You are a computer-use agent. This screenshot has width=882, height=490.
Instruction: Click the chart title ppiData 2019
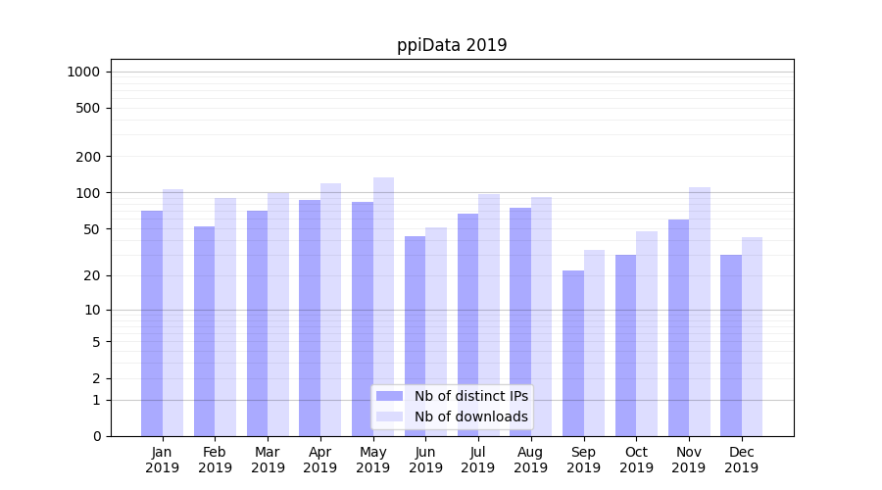coord(452,45)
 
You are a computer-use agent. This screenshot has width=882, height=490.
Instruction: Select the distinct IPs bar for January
coord(152,323)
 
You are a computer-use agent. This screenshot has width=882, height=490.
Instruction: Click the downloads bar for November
coord(700,312)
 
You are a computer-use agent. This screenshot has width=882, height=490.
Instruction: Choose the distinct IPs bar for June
coord(415,336)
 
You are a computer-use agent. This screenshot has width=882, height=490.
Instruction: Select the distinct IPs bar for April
coord(310,318)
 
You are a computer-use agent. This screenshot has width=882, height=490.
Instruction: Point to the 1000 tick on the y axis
coord(83,72)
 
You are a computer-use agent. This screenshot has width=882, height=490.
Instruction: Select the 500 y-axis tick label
coord(88,108)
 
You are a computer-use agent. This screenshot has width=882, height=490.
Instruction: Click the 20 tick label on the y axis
coord(91,275)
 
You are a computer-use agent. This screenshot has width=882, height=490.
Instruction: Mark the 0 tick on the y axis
coord(96,436)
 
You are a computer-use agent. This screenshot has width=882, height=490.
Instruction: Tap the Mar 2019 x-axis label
coord(268,460)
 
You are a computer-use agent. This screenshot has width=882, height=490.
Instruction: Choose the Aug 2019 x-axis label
coord(531,460)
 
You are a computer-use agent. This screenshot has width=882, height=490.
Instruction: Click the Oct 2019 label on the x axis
coord(636,460)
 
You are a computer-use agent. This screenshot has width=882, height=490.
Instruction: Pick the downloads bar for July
coord(489,315)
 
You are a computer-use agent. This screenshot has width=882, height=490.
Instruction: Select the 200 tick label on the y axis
coord(88,156)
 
